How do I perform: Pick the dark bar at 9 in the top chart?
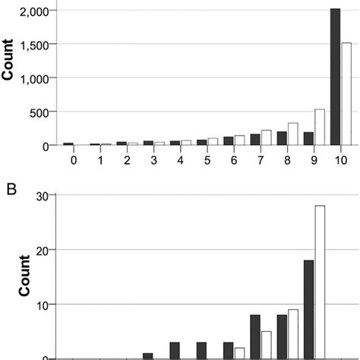pyautogui.click(x=308, y=138)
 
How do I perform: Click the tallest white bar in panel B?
pyautogui.click(x=320, y=282)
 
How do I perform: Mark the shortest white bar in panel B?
pyautogui.click(x=239, y=353)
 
